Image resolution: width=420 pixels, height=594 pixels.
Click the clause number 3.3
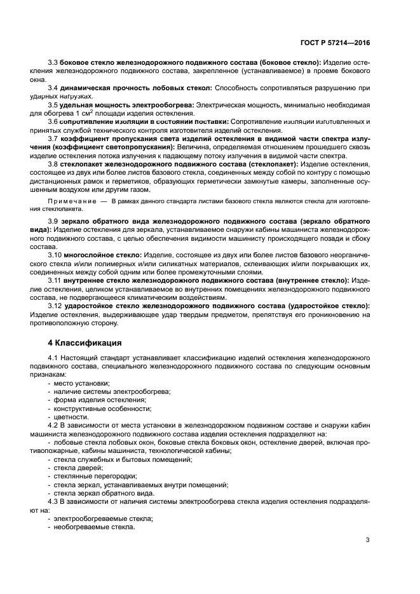pyautogui.click(x=53, y=62)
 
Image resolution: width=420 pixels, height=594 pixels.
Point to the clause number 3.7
pyautogui.click(x=53, y=138)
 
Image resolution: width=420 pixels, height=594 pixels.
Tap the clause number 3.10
pyautogui.click(x=55, y=253)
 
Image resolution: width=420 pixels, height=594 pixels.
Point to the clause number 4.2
pyautogui.click(x=53, y=425)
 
